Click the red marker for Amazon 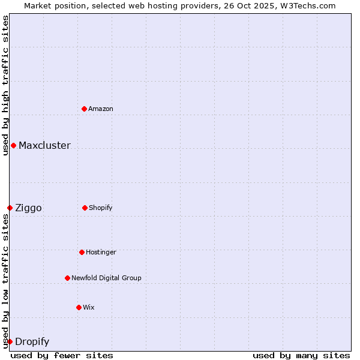[x=84, y=109]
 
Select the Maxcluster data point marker [x=13, y=145]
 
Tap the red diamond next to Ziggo [x=10, y=208]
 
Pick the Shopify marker [x=85, y=208]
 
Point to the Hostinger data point [x=82, y=252]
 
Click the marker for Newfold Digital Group [x=67, y=278]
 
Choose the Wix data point [x=79, y=307]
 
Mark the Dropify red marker [x=10, y=341]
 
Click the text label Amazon [x=101, y=109]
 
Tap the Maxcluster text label [x=44, y=145]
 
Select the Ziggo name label [x=28, y=208]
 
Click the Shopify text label [x=101, y=208]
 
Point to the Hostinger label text [x=101, y=252]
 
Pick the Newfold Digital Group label [x=106, y=278]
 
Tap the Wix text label [x=89, y=307]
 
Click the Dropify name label [x=32, y=341]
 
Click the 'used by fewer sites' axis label [x=62, y=355]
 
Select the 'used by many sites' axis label [x=301, y=355]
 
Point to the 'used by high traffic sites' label [x=5, y=85]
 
